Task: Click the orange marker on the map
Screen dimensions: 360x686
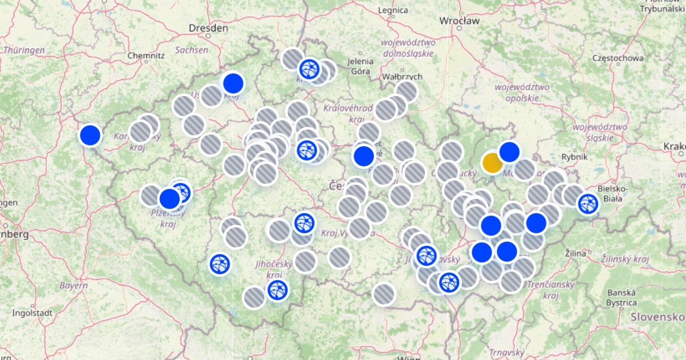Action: (492, 163)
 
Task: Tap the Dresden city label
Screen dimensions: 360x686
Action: (209, 27)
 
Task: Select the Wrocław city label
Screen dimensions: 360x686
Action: (459, 21)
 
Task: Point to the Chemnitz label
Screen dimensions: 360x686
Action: (146, 55)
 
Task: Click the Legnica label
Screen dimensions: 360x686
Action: (393, 10)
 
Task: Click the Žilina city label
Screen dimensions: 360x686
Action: (575, 253)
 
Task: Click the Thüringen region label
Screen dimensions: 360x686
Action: (24, 50)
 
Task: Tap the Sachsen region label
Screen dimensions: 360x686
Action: (192, 50)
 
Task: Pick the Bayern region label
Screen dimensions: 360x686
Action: (73, 285)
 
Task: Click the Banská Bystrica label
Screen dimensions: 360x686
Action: (622, 297)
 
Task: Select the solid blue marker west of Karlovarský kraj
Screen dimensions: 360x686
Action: (90, 135)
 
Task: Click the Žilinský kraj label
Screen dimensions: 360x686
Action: (625, 259)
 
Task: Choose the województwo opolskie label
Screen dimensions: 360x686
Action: (522, 93)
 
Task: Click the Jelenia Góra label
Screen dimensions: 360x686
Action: (361, 66)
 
